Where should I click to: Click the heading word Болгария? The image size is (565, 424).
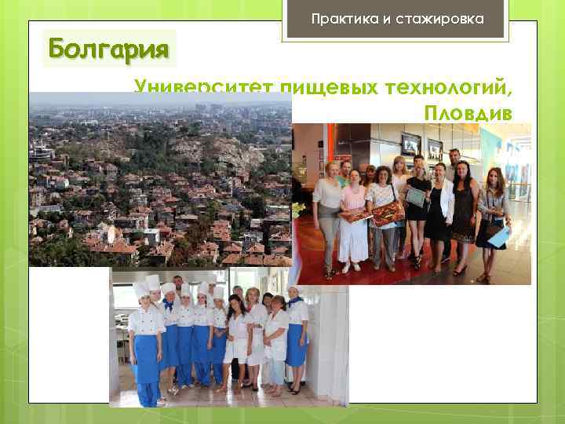(x=109, y=49)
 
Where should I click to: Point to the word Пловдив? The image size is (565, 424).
(x=468, y=112)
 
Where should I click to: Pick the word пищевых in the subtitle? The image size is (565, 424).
(x=330, y=87)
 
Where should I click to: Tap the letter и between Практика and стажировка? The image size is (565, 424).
(x=386, y=17)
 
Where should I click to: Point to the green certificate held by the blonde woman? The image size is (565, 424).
(x=415, y=192)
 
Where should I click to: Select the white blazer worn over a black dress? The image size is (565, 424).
(x=443, y=199)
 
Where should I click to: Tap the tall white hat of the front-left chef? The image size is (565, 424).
(x=140, y=289)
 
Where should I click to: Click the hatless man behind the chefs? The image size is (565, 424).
(x=177, y=283)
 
